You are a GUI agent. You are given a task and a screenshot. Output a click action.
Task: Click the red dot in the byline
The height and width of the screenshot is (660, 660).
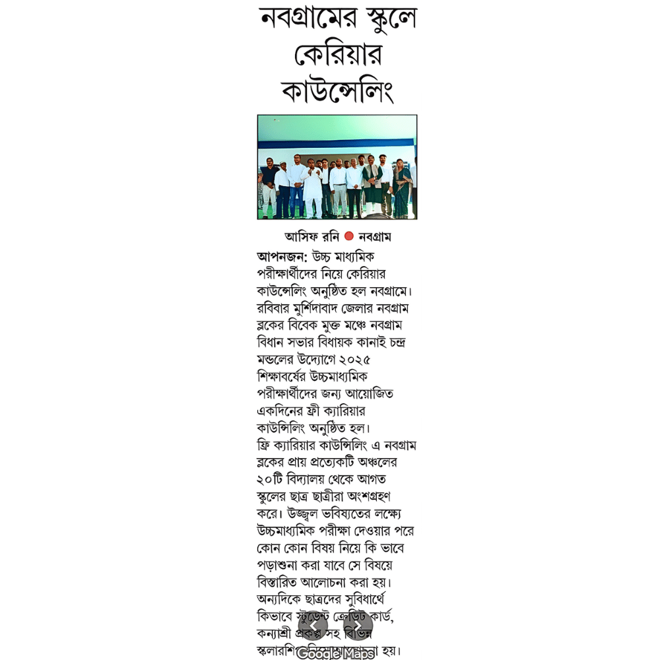[x=349, y=236]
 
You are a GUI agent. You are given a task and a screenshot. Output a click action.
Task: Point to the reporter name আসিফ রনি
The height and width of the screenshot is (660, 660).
[x=312, y=236]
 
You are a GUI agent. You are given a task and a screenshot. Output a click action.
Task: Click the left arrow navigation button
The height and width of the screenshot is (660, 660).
[x=315, y=626]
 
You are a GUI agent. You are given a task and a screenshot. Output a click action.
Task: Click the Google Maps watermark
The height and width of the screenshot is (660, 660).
[x=335, y=653]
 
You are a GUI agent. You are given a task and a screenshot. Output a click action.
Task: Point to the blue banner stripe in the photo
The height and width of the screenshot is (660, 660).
[x=337, y=143]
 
